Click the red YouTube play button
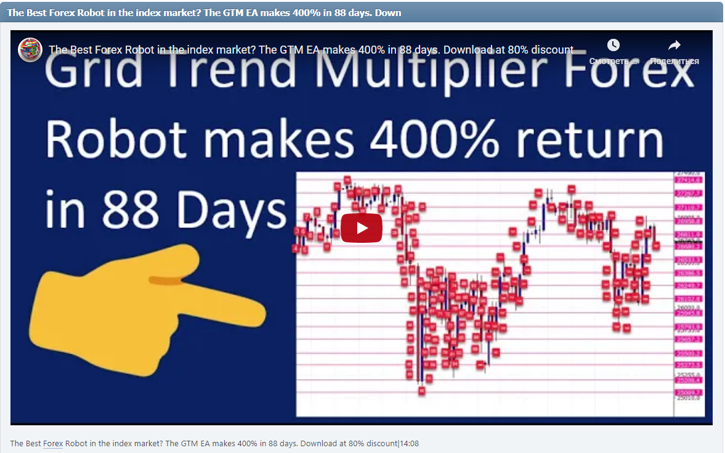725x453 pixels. click(362, 228)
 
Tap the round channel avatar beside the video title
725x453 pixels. click(30, 49)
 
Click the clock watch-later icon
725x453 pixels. click(613, 45)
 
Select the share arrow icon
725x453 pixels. click(674, 45)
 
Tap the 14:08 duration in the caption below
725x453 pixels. click(410, 443)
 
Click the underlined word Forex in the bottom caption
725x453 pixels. click(53, 443)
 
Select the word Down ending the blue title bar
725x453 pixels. click(389, 13)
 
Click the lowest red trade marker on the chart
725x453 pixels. click(422, 390)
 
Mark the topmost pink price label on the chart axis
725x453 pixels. click(687, 180)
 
